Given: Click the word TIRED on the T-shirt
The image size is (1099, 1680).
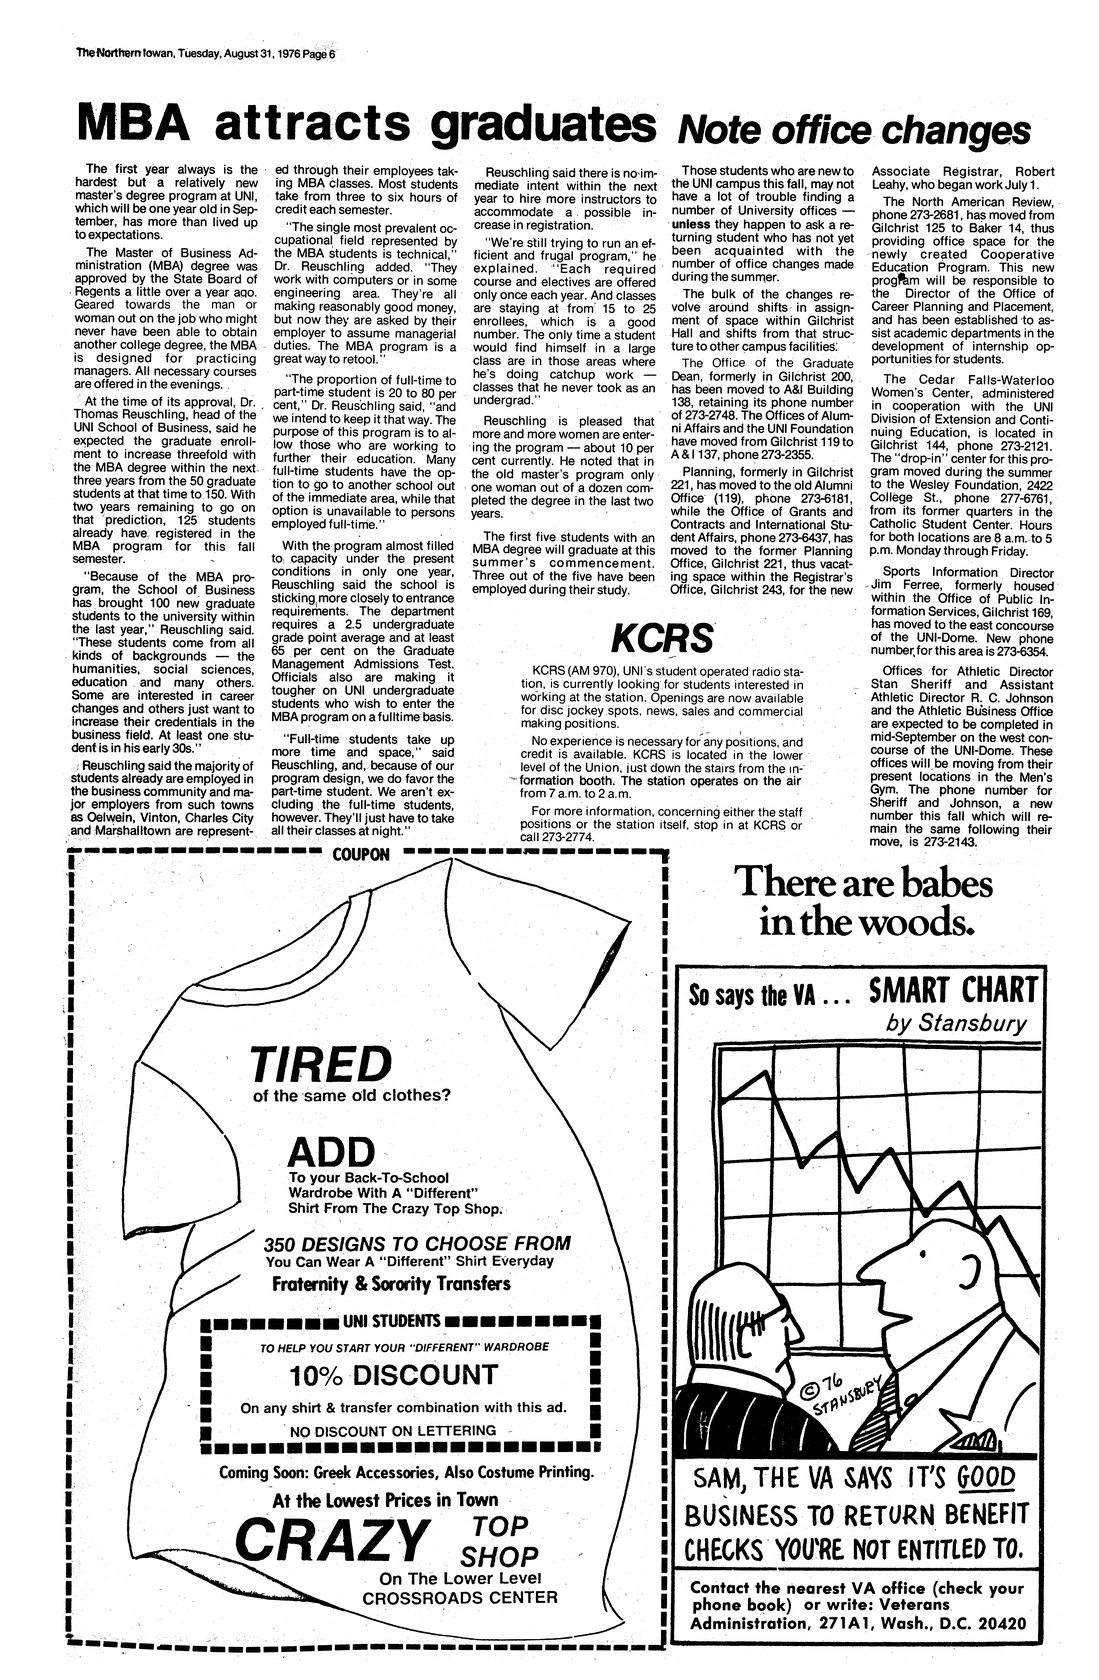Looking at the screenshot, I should (x=319, y=1064).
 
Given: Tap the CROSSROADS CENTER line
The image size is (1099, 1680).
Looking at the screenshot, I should (x=460, y=1597).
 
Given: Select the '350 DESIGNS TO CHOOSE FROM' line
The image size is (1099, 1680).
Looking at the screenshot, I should (x=417, y=1244).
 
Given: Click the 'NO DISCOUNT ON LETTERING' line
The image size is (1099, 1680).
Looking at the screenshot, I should (x=393, y=1431).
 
